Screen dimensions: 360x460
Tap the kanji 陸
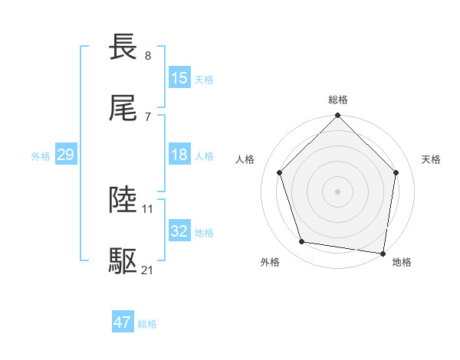pyautogui.click(x=123, y=200)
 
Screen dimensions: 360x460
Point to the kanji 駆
pyautogui.click(x=123, y=261)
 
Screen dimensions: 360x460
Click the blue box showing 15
pyautogui.click(x=179, y=78)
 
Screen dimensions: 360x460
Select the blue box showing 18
pyautogui.click(x=179, y=155)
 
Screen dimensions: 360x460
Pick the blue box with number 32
pyautogui.click(x=179, y=231)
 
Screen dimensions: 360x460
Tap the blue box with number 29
pyautogui.click(x=65, y=155)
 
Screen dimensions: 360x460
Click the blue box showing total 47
pyautogui.click(x=123, y=322)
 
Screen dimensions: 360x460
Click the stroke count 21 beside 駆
pyautogui.click(x=148, y=270)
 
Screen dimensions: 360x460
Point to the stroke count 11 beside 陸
pyautogui.click(x=148, y=208)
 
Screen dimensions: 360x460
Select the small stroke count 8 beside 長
pyautogui.click(x=148, y=56)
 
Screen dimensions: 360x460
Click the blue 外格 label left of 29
pyautogui.click(x=41, y=156)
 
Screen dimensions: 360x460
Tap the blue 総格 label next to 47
pyautogui.click(x=147, y=324)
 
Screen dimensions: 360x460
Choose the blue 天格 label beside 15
pyautogui.click(x=204, y=80)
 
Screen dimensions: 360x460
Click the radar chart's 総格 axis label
pyautogui.click(x=338, y=100)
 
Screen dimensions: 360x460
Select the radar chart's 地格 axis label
pyautogui.click(x=402, y=262)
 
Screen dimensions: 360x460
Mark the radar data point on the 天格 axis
pyautogui.click(x=396, y=172)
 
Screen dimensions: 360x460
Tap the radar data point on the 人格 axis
pyautogui.click(x=280, y=172)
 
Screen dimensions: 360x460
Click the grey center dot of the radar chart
pyautogui.click(x=338, y=191)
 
